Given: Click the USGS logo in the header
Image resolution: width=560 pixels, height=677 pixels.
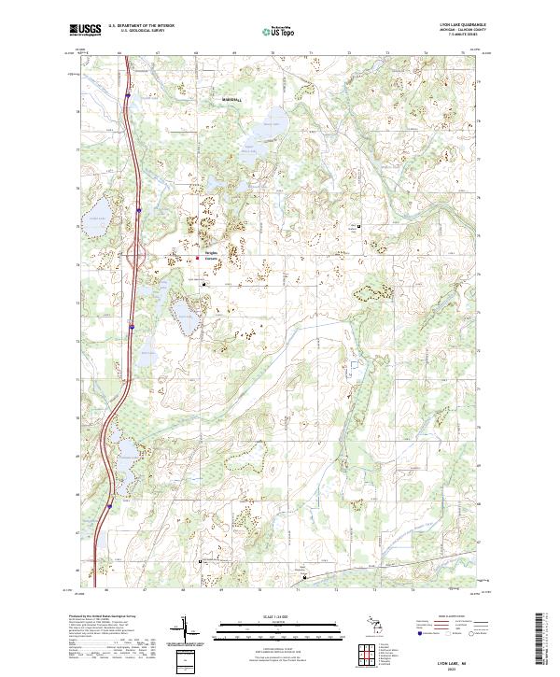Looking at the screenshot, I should [85, 30].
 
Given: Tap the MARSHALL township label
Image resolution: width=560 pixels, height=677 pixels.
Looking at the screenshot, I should [231, 98].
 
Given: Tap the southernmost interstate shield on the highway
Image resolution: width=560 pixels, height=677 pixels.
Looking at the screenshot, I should [108, 505].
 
